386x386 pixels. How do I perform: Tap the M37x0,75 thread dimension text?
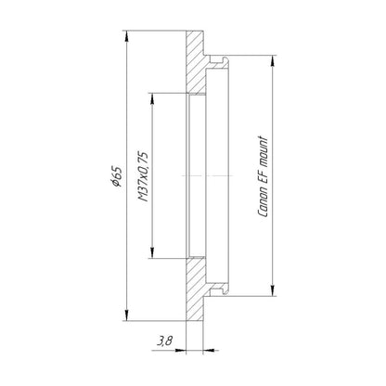[143, 176]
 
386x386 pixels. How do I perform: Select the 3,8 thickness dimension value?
[164, 341]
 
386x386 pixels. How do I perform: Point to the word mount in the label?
[263, 150]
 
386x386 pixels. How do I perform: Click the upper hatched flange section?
[195, 61]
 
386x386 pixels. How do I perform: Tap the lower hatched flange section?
[195, 289]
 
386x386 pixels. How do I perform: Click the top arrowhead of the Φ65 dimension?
[126, 36]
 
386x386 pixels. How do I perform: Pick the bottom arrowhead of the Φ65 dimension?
[126, 315]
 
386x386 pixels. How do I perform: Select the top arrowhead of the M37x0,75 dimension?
[152, 98]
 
